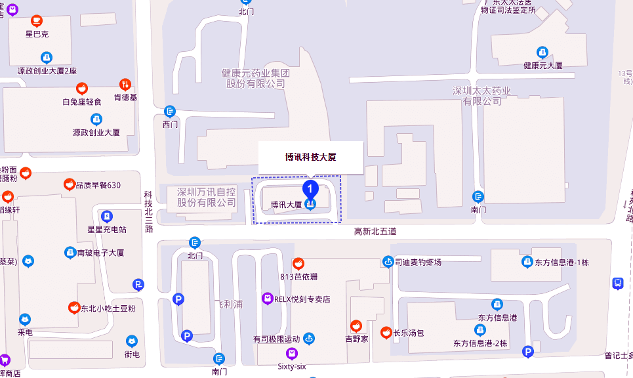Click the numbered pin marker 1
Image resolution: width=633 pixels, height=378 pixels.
310,189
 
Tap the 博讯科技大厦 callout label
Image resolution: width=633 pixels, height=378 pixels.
310,157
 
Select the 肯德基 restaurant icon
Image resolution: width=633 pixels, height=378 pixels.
125,85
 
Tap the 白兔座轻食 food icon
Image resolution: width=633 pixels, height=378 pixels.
82,89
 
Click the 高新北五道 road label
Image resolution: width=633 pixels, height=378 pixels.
375,231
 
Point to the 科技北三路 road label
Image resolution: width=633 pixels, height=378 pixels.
149,211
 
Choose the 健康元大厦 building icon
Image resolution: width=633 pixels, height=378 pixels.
542,52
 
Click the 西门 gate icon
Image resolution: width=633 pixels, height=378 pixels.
170,111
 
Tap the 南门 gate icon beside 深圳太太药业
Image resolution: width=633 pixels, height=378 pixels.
479,196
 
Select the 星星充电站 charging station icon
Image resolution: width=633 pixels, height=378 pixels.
107,216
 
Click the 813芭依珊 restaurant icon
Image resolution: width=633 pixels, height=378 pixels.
298,264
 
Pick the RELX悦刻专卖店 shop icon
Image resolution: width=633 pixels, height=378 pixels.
267,299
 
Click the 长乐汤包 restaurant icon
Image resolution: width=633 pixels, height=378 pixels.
386,333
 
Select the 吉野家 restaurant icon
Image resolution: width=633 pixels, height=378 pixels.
356,325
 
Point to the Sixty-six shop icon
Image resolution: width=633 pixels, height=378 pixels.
292,354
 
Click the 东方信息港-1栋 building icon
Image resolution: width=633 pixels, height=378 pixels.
527,262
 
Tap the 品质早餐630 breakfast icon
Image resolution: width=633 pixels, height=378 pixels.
68,185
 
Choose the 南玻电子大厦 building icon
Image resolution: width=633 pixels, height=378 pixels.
70,252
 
